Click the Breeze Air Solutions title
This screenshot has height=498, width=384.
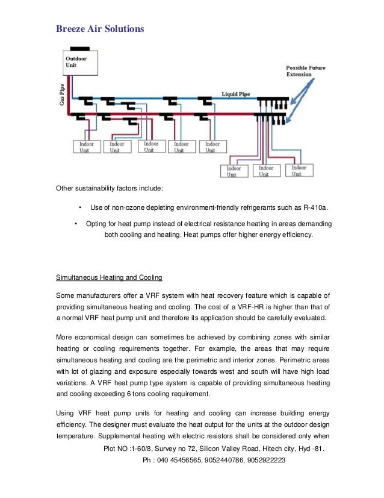coord(99,28)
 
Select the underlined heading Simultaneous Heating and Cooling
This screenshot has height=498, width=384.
coord(108,278)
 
